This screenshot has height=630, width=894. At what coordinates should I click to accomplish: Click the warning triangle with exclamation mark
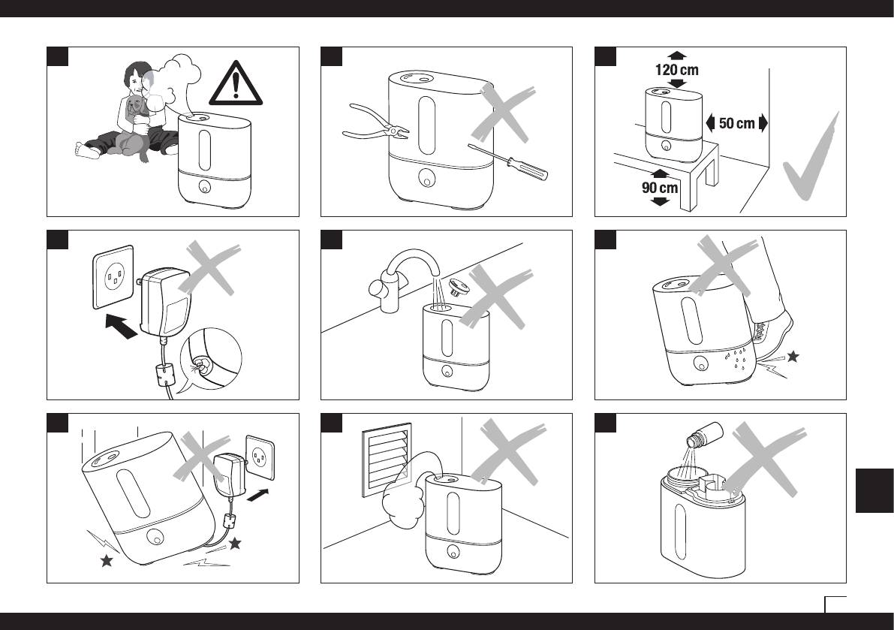click(x=236, y=84)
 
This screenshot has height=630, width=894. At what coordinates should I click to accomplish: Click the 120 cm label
click(x=676, y=70)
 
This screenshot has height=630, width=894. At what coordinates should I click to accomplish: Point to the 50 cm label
click(x=736, y=123)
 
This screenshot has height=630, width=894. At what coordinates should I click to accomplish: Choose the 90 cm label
click(x=660, y=188)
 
